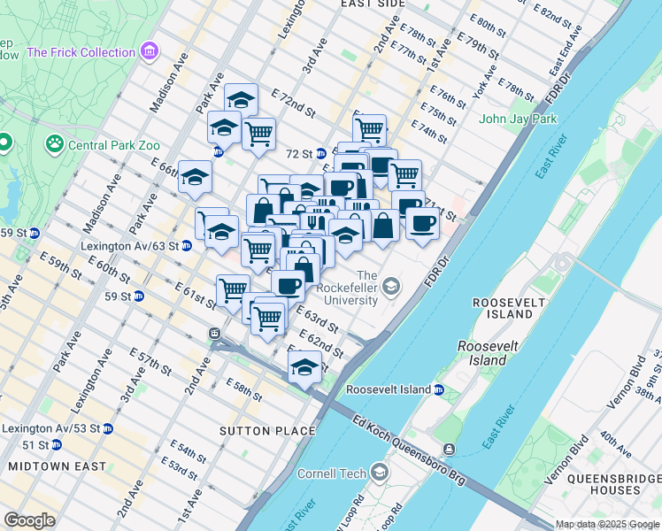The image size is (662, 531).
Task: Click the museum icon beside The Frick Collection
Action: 149,52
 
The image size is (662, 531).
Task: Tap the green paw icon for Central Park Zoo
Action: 55,142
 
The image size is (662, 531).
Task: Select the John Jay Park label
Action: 518,119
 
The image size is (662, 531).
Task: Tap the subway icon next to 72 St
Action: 321,154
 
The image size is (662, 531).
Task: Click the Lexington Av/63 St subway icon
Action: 187,245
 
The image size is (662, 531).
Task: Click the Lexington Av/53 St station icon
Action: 107,428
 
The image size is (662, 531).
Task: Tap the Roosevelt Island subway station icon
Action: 438,389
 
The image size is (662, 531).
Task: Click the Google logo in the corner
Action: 28,520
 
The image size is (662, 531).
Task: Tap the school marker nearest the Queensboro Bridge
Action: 304,367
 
